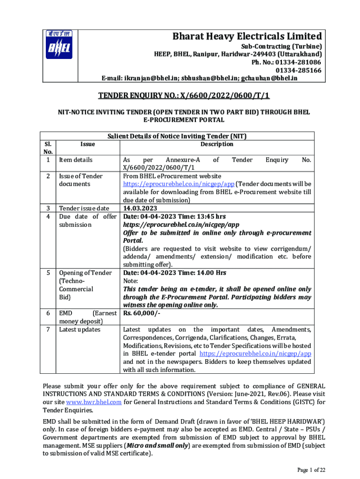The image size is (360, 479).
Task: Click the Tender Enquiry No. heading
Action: (184, 96)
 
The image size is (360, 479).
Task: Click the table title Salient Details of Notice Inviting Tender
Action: (177, 136)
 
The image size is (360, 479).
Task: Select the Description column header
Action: (217, 144)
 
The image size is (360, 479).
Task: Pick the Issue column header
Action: (87, 145)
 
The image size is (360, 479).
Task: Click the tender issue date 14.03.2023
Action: (140, 208)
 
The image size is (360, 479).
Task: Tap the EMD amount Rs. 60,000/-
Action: (142, 313)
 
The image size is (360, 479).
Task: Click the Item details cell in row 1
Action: (75, 160)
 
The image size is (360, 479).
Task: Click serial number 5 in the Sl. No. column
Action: (48, 273)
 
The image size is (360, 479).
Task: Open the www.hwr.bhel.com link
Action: (94, 402)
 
